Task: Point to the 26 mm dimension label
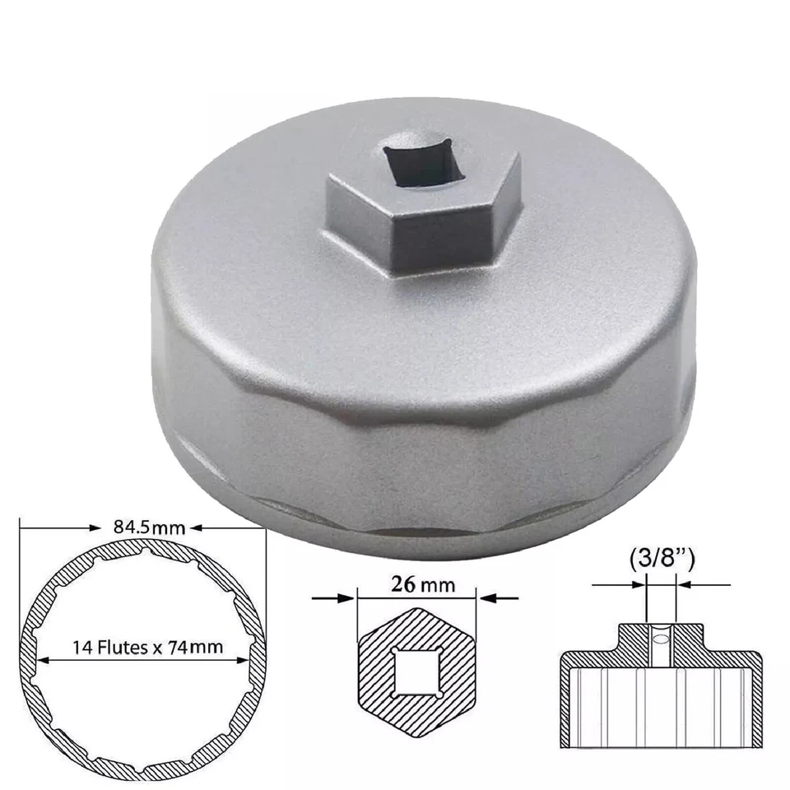[417, 585]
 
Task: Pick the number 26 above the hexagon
[404, 585]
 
